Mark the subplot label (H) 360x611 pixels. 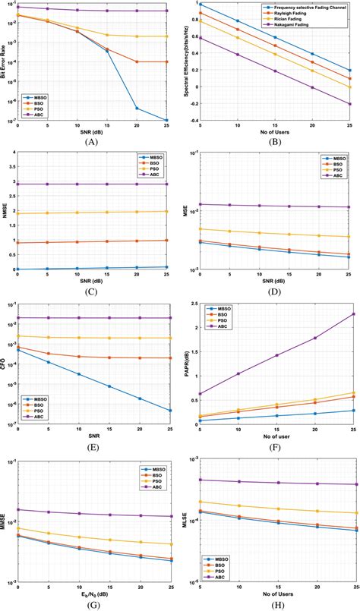click(269, 604)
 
